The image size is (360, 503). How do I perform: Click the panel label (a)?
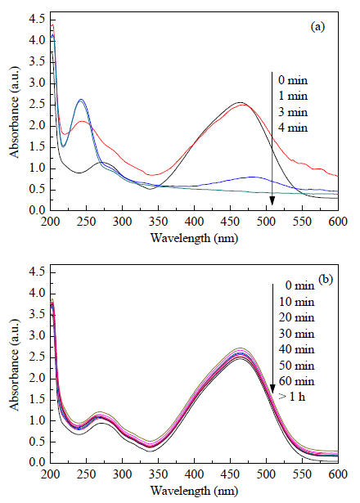coord(317,27)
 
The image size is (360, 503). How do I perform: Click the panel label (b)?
coord(326,279)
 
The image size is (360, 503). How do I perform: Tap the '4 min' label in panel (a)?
coord(293,128)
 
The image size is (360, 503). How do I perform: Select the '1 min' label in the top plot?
coord(293,96)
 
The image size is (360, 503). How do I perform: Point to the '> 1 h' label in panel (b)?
coord(292,397)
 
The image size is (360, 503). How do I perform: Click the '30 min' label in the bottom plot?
coord(296,334)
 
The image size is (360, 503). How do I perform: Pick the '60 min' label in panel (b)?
coord(296,381)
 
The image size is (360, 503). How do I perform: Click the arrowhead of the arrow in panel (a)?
coord(272,200)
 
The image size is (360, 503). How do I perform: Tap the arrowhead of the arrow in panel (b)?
coord(272,388)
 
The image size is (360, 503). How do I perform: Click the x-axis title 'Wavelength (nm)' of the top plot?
coord(195,238)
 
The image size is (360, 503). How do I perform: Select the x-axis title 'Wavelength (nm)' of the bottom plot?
coord(195,491)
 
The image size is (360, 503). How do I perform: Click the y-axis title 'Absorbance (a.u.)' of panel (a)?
coord(15,112)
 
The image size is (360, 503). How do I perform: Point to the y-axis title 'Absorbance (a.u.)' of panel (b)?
coord(15,365)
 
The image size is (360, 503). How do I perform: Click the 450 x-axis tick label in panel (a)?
coord(231,222)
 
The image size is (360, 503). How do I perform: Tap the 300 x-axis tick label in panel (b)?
coord(122,474)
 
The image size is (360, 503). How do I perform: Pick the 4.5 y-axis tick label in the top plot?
coord(37,20)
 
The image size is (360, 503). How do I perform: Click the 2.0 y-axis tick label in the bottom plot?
coord(37,379)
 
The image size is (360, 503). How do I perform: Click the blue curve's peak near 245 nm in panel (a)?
coord(81,100)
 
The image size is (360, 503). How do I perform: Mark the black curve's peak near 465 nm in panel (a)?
coord(240,103)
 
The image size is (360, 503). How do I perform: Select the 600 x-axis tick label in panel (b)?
coord(339,474)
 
